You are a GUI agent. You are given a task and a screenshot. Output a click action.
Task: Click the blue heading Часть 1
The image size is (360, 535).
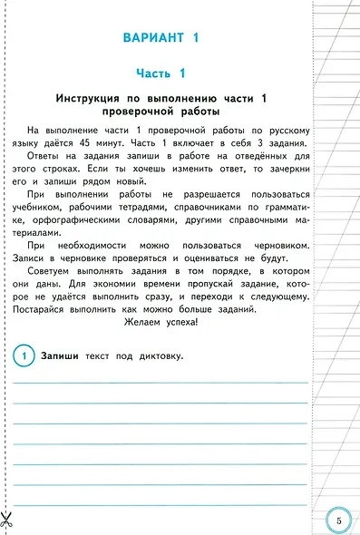[x=160, y=73]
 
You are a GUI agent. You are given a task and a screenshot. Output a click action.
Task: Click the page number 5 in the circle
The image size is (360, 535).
[x=337, y=520]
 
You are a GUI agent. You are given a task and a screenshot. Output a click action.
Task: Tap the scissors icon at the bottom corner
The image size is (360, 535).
[x=7, y=520]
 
